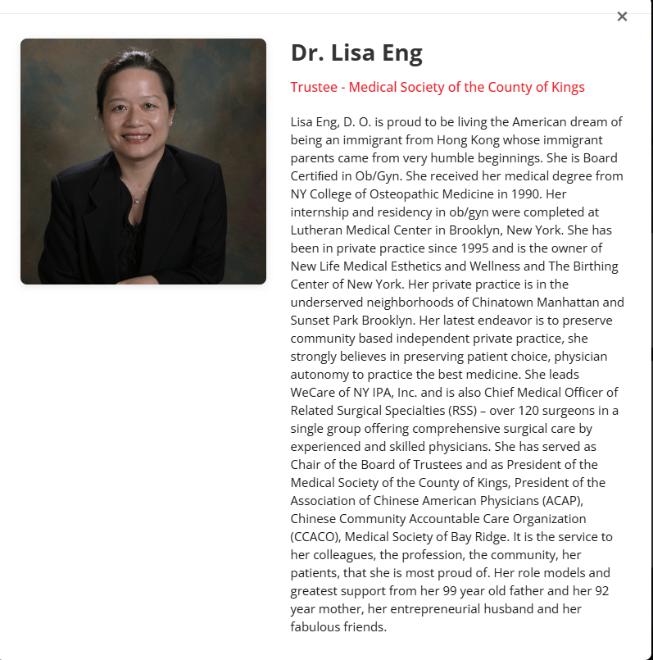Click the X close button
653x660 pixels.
622,16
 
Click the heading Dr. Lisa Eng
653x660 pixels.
356,53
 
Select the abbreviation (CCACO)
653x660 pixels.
315,536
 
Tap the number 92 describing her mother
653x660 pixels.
601,590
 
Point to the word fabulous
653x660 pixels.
319,626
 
